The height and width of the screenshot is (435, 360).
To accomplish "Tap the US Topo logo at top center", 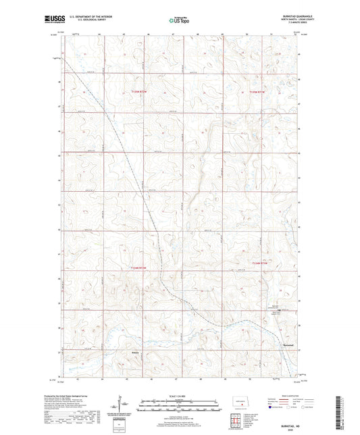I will click(178, 21).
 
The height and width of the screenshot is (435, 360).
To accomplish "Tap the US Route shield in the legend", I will click(288, 408).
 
